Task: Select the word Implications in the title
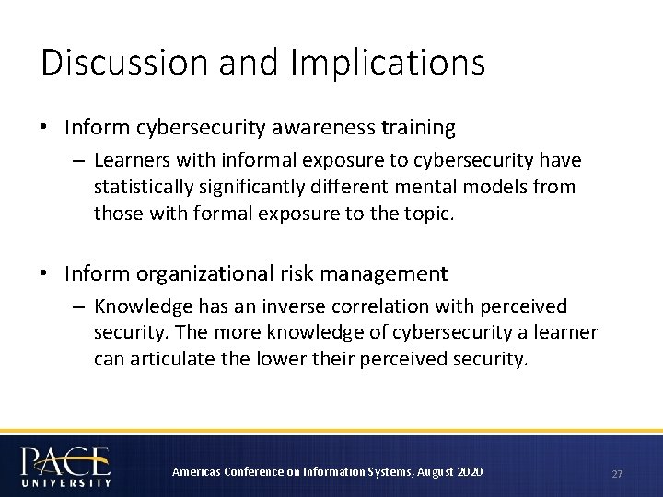click(x=387, y=63)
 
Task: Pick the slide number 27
click(x=617, y=474)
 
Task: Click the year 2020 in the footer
click(x=468, y=472)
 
